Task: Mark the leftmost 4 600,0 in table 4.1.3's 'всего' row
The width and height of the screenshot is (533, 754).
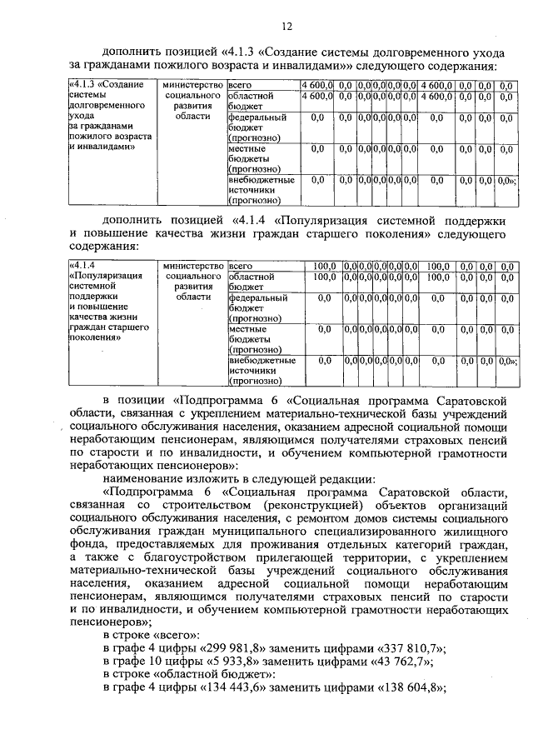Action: (317, 85)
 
